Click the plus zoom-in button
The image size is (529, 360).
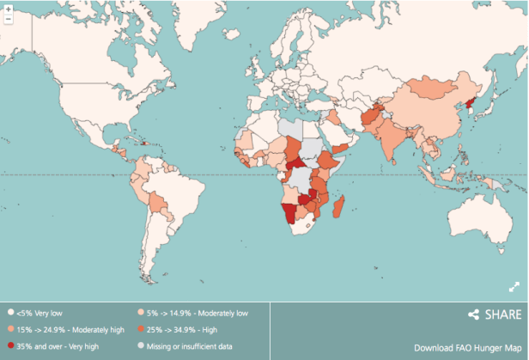(x=8, y=8)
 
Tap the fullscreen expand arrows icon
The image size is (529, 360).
(x=514, y=287)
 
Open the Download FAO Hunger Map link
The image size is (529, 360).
(x=467, y=348)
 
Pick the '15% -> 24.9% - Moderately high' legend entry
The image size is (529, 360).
(x=65, y=329)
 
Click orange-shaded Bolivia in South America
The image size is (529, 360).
(x=155, y=203)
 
